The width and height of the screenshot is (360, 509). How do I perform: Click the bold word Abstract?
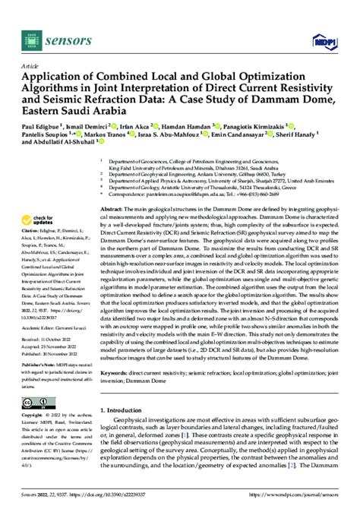pos(114,207)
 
